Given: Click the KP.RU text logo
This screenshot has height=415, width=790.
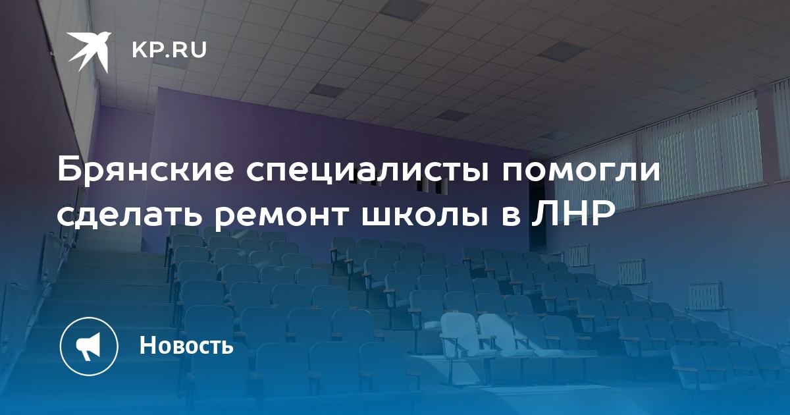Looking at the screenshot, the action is pyautogui.click(x=169, y=50).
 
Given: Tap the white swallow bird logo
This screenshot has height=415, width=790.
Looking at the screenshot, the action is pyautogui.click(x=90, y=51).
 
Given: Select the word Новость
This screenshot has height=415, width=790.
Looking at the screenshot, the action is pyautogui.click(x=186, y=345).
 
